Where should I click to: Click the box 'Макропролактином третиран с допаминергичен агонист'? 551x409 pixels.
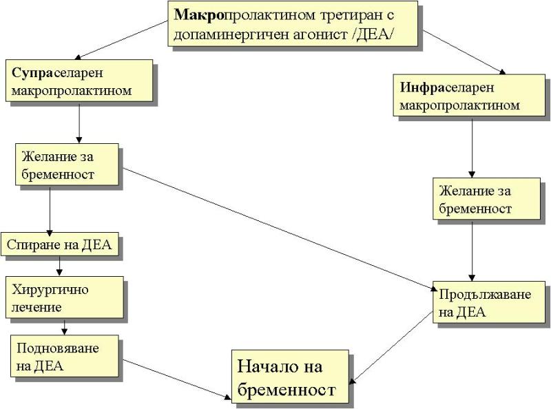(293, 23)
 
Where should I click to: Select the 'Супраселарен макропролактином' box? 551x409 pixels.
(79, 81)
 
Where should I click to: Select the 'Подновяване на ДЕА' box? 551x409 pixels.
(65, 356)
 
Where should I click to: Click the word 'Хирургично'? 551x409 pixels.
(50, 289)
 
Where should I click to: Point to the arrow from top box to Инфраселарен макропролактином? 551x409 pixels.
(461, 51)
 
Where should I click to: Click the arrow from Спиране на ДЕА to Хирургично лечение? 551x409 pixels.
(60, 266)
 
